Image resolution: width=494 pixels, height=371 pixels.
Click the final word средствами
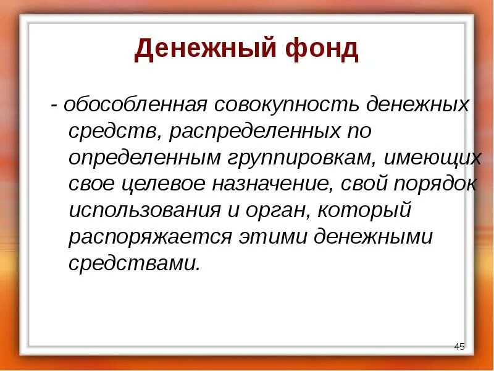click(135, 264)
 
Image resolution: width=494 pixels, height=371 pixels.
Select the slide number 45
click(459, 346)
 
